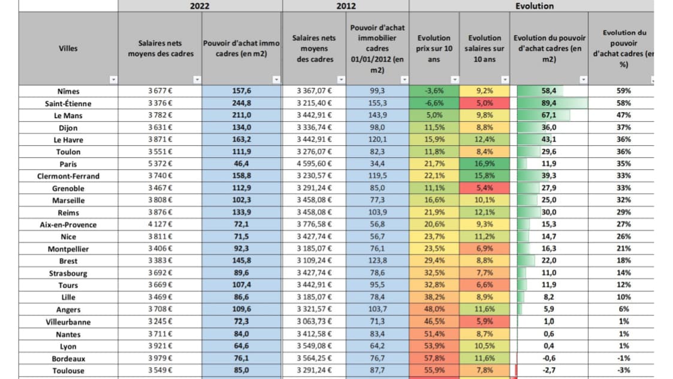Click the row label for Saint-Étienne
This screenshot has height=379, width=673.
coord(68,103)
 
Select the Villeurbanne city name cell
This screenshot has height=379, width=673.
coord(68,321)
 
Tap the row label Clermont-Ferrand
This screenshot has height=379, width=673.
coord(68,176)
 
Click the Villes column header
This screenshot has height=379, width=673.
coord(68,48)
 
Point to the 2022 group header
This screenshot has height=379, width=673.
coord(200,6)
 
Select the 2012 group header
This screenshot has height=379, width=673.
coord(346,6)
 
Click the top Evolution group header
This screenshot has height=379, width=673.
coord(534,6)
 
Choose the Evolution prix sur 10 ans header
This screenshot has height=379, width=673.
coord(434,48)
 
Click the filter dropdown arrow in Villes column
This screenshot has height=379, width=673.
coord(113,80)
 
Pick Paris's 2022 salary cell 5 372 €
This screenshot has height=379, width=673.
coord(160,164)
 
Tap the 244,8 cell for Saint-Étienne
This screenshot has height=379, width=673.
coord(242,103)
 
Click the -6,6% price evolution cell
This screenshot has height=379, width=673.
coord(434,103)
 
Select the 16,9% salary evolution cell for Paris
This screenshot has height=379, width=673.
coord(484,164)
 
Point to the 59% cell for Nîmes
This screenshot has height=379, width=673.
coord(623,91)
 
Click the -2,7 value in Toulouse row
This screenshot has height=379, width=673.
coord(549,370)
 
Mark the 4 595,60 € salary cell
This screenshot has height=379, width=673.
coord(314,164)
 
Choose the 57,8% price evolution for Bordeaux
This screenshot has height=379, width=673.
coord(434,358)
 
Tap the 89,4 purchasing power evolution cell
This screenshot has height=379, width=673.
coord(549,103)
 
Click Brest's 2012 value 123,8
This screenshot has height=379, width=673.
coord(378,261)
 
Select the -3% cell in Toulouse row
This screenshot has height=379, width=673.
coord(623,370)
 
